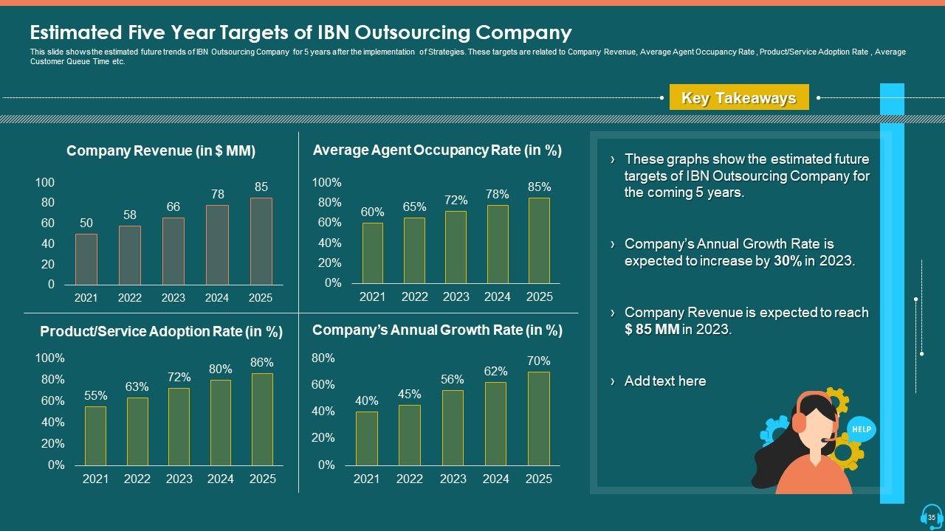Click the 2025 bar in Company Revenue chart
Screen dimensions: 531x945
pyautogui.click(x=261, y=241)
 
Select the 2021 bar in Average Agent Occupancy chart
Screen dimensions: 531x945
pyautogui.click(x=372, y=253)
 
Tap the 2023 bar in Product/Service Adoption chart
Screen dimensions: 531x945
pyautogui.click(x=179, y=426)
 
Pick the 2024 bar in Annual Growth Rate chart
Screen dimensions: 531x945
pyautogui.click(x=495, y=423)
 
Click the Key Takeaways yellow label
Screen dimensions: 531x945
pyautogui.click(x=738, y=98)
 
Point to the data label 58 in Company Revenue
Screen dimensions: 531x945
pyautogui.click(x=130, y=215)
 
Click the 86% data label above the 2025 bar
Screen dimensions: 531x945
pyautogui.click(x=262, y=362)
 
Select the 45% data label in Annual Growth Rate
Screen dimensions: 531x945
pyautogui.click(x=409, y=394)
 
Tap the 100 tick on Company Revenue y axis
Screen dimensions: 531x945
pyautogui.click(x=45, y=182)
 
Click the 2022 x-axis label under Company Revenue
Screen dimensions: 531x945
pyautogui.click(x=130, y=298)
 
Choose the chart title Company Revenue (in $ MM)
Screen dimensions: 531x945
pyautogui.click(x=161, y=151)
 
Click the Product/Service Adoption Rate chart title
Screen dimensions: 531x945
pyautogui.click(x=161, y=332)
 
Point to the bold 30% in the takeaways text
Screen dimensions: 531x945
pyautogui.click(x=788, y=261)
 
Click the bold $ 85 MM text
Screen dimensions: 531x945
pyautogui.click(x=652, y=330)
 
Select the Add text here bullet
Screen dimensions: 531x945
pyautogui.click(x=664, y=381)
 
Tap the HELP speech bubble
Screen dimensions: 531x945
pyautogui.click(x=861, y=428)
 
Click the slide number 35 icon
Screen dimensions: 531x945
pyautogui.click(x=931, y=517)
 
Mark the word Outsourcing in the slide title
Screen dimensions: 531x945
pyautogui.click(x=411, y=32)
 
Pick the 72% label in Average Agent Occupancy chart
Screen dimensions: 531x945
pyautogui.click(x=456, y=200)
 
